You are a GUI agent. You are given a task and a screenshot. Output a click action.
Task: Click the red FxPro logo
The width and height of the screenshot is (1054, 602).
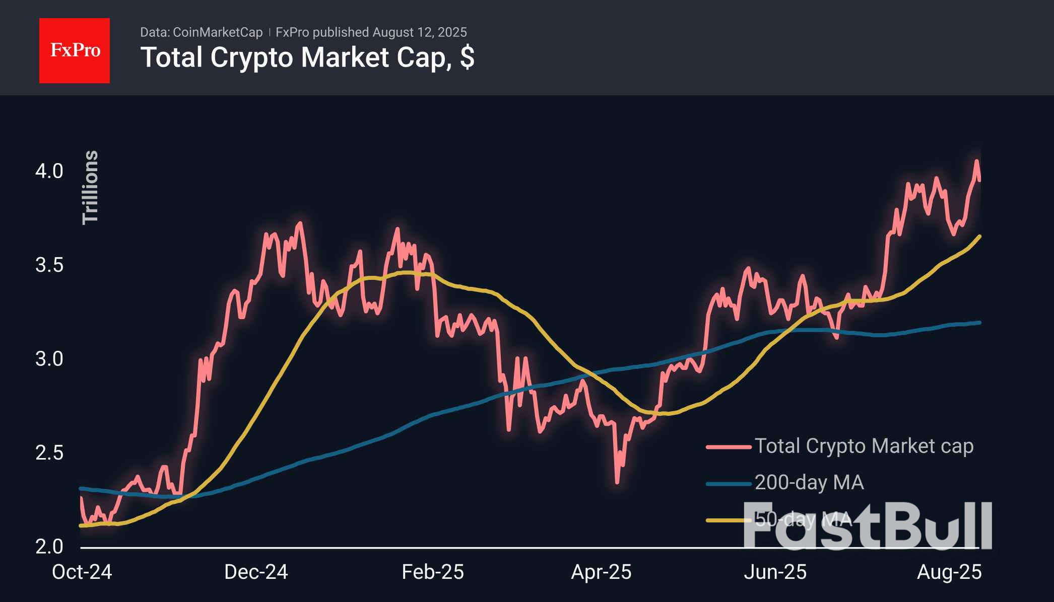click(x=75, y=50)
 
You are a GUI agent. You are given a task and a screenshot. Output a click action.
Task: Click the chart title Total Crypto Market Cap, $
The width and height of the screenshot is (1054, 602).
click(x=307, y=57)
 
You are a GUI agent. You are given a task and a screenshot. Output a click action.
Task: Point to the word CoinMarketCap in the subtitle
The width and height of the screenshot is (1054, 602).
click(x=217, y=32)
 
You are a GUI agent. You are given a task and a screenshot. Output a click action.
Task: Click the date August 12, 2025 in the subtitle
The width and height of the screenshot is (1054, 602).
click(x=420, y=32)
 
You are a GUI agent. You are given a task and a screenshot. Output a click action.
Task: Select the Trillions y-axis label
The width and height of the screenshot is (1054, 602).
click(x=90, y=187)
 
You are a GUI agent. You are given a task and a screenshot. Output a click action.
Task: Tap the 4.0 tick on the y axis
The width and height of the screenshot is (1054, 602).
click(x=49, y=171)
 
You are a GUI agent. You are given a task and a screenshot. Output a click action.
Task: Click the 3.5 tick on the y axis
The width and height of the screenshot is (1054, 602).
click(x=49, y=265)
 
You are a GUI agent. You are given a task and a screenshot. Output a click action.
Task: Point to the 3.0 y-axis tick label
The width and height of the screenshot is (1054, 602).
click(x=49, y=359)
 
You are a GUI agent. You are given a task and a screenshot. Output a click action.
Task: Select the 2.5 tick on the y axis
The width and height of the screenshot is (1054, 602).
click(x=49, y=453)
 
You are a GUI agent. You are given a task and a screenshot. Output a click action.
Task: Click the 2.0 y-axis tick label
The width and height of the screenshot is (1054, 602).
click(x=49, y=546)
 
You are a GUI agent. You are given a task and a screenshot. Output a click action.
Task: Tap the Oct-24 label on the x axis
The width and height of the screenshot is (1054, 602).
click(x=82, y=572)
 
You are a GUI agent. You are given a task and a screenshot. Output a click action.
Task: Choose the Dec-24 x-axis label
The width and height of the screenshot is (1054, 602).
click(x=256, y=572)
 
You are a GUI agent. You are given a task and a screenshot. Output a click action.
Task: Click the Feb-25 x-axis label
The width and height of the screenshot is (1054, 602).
click(x=432, y=572)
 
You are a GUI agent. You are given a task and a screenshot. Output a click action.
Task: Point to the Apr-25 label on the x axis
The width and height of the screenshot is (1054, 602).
click(x=601, y=572)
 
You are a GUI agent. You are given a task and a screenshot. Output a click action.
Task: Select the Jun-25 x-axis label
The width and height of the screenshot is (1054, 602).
click(x=775, y=572)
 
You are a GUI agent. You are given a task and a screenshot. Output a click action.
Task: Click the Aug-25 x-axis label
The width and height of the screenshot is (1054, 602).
click(x=949, y=572)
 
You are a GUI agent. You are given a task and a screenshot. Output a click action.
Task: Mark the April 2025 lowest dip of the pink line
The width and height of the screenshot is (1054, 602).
click(x=618, y=482)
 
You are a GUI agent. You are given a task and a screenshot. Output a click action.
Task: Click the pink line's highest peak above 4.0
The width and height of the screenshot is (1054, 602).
click(x=976, y=162)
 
